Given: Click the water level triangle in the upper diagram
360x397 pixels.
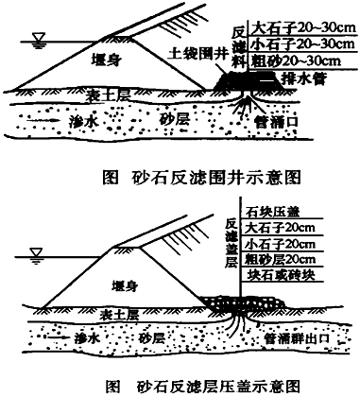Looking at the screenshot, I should pos(35,39).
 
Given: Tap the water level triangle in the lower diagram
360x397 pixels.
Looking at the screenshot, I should pos(35,252).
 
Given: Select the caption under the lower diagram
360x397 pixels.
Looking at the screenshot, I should pos(180,385).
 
